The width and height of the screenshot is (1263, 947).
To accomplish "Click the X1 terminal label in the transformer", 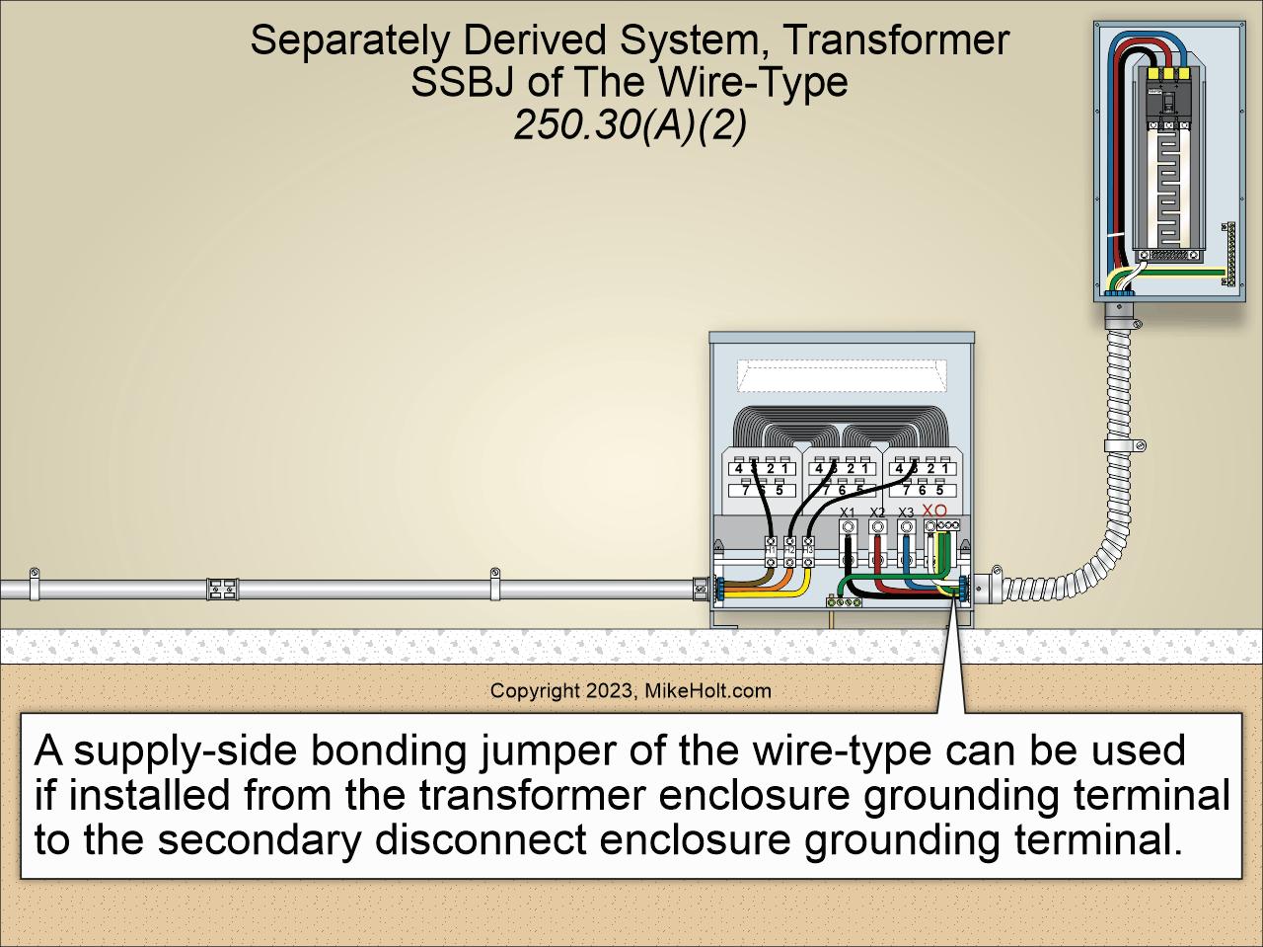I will pyautogui.click(x=847, y=512).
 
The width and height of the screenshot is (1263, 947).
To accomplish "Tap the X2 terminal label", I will pyautogui.click(x=876, y=512).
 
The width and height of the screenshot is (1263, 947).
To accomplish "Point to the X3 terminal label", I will pyautogui.click(x=906, y=512).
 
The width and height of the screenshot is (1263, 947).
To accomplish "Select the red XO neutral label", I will pyautogui.click(x=933, y=509).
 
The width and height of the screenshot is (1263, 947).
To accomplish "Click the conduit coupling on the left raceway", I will pyautogui.click(x=222, y=591).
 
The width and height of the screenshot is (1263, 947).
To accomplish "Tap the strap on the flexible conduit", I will pyautogui.click(x=1125, y=445).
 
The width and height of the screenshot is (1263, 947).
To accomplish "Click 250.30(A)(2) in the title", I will pyautogui.click(x=630, y=126).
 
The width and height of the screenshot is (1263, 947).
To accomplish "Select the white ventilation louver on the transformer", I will pyautogui.click(x=842, y=372).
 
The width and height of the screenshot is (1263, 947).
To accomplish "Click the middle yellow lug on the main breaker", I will pyautogui.click(x=1168, y=73).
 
